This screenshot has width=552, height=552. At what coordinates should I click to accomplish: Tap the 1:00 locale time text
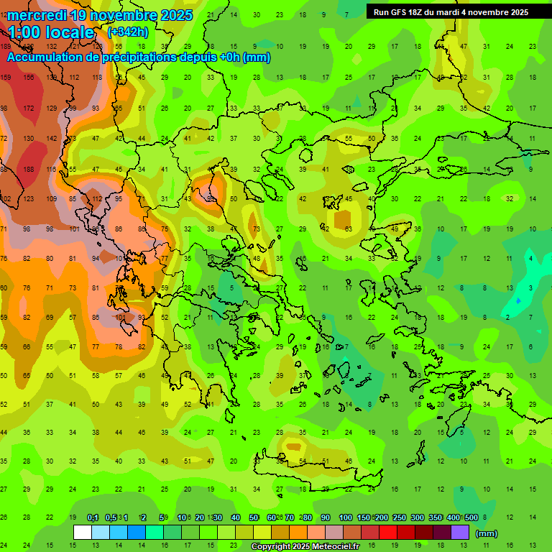51,32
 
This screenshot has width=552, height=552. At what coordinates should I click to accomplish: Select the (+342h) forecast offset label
127,32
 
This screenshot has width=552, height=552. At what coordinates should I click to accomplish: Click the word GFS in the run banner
406,11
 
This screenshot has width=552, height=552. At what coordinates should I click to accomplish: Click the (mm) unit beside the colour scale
487,534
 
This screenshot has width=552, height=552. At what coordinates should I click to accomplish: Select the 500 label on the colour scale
471,517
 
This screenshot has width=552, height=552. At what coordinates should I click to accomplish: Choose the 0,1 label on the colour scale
93,517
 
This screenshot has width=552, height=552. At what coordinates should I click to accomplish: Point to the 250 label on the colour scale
400,517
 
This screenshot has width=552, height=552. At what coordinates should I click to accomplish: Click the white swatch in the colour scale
83,533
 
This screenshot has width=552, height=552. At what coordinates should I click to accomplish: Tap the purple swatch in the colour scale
460,533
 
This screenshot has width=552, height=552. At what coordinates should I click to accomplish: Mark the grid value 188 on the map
29,170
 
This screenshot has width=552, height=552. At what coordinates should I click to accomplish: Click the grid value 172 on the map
29,109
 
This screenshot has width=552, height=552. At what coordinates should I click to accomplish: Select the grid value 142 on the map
51,139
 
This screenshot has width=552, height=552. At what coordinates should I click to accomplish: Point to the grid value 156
29,78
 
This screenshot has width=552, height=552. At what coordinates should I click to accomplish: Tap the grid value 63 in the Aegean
348,229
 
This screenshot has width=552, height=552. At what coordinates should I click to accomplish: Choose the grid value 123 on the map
29,199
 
